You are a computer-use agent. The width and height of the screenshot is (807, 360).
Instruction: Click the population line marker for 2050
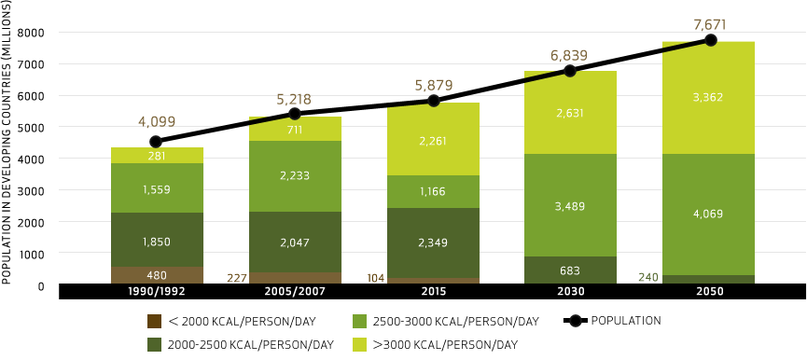(711, 40)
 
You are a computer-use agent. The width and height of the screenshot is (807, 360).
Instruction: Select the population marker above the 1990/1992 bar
(156, 142)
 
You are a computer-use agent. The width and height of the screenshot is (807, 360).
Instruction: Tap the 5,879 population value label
(432, 86)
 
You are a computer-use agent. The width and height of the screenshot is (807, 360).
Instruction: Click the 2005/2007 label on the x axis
(295, 292)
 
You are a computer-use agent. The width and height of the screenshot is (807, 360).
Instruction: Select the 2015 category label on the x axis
(432, 292)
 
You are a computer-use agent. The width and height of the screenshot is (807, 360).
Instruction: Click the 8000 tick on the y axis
(32, 33)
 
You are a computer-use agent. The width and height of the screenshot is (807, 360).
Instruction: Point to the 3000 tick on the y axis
(32, 190)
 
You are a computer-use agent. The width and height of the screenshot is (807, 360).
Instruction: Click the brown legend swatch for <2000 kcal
(155, 322)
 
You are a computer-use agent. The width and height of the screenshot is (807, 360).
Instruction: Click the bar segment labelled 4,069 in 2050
(708, 214)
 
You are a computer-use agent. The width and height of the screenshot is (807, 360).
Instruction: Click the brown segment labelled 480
(156, 274)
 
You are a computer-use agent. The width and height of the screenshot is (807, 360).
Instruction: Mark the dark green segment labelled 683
(570, 270)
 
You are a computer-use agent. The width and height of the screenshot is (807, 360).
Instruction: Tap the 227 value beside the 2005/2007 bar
(237, 277)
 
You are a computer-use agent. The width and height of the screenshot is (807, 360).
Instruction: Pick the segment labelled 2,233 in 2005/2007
(294, 175)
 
